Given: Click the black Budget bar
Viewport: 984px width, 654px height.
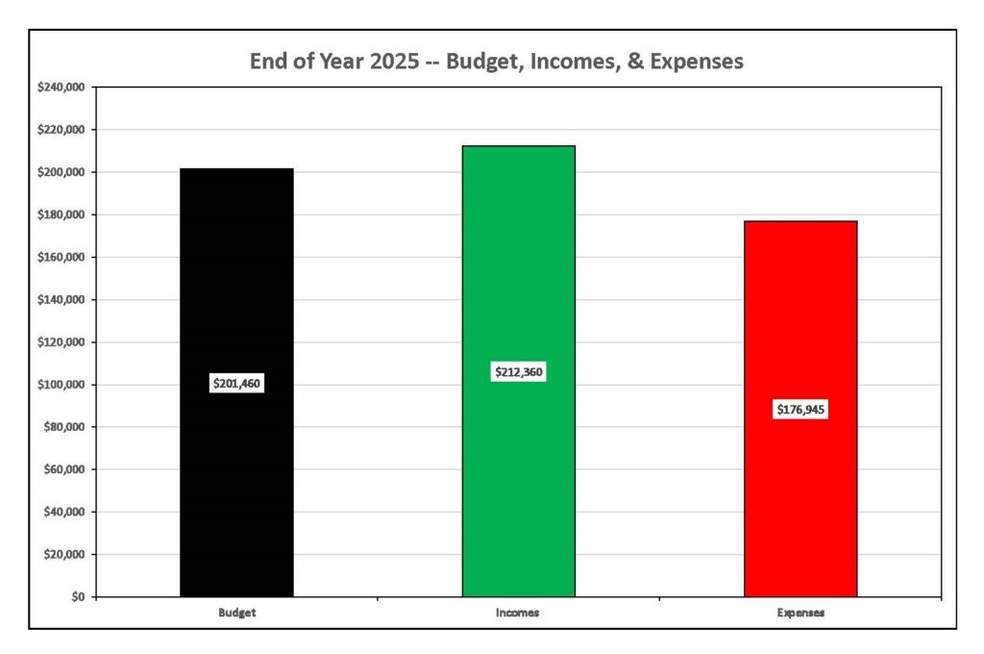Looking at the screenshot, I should click(x=236, y=289).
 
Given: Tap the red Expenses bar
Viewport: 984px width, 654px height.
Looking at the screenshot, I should click(x=800, y=317).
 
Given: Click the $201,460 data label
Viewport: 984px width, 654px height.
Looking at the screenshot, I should click(x=236, y=384).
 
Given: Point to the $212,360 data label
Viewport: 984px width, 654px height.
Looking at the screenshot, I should click(x=519, y=371).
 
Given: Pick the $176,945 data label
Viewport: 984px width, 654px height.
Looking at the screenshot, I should click(x=801, y=410).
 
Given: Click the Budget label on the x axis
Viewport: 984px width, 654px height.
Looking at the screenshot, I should click(x=236, y=612).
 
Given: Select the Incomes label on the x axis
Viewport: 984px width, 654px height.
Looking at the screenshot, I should click(x=519, y=612).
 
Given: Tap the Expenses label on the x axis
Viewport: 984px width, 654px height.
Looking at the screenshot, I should click(x=801, y=612).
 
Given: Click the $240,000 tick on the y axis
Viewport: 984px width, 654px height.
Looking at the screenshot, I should click(x=61, y=88).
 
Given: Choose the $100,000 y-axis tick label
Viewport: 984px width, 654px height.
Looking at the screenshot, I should click(x=61, y=385).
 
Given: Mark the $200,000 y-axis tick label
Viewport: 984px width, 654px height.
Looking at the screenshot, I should click(x=61, y=172).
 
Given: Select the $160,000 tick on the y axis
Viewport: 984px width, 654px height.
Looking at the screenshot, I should click(x=61, y=258).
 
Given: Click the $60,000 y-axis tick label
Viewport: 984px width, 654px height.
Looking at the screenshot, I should click(x=63, y=469).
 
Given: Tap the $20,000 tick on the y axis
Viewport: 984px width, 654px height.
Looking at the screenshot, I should click(x=63, y=555).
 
